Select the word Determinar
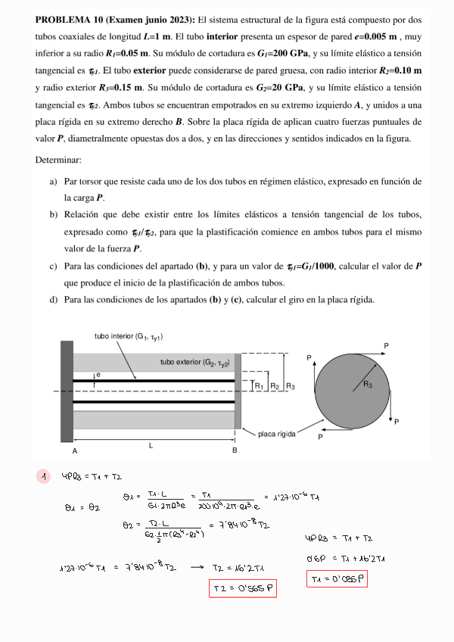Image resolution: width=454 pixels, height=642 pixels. pyautogui.click(x=59, y=160)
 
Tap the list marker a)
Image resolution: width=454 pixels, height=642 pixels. pyautogui.click(x=54, y=182)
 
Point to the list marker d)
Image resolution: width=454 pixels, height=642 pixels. pyautogui.click(x=54, y=300)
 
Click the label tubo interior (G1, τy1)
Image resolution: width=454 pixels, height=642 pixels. pyautogui.click(x=129, y=336)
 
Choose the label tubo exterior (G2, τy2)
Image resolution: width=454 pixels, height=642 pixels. pyautogui.click(x=194, y=362)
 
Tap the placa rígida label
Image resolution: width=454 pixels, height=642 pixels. pyautogui.click(x=276, y=434)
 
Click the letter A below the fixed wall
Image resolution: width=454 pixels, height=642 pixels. pyautogui.click(x=74, y=450)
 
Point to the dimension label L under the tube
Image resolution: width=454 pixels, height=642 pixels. pyautogui.click(x=151, y=445)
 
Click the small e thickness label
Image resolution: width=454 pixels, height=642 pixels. pyautogui.click(x=98, y=375)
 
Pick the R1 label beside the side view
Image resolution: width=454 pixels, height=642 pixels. pyautogui.click(x=259, y=386)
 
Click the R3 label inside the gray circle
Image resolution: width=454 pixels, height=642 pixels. pyautogui.click(x=368, y=385)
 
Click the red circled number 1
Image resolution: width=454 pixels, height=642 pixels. pyautogui.click(x=45, y=476)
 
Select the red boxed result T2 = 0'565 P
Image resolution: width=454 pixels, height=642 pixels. pyautogui.click(x=242, y=587)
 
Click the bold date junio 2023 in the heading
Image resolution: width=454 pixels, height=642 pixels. pyautogui.click(x=154, y=20)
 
